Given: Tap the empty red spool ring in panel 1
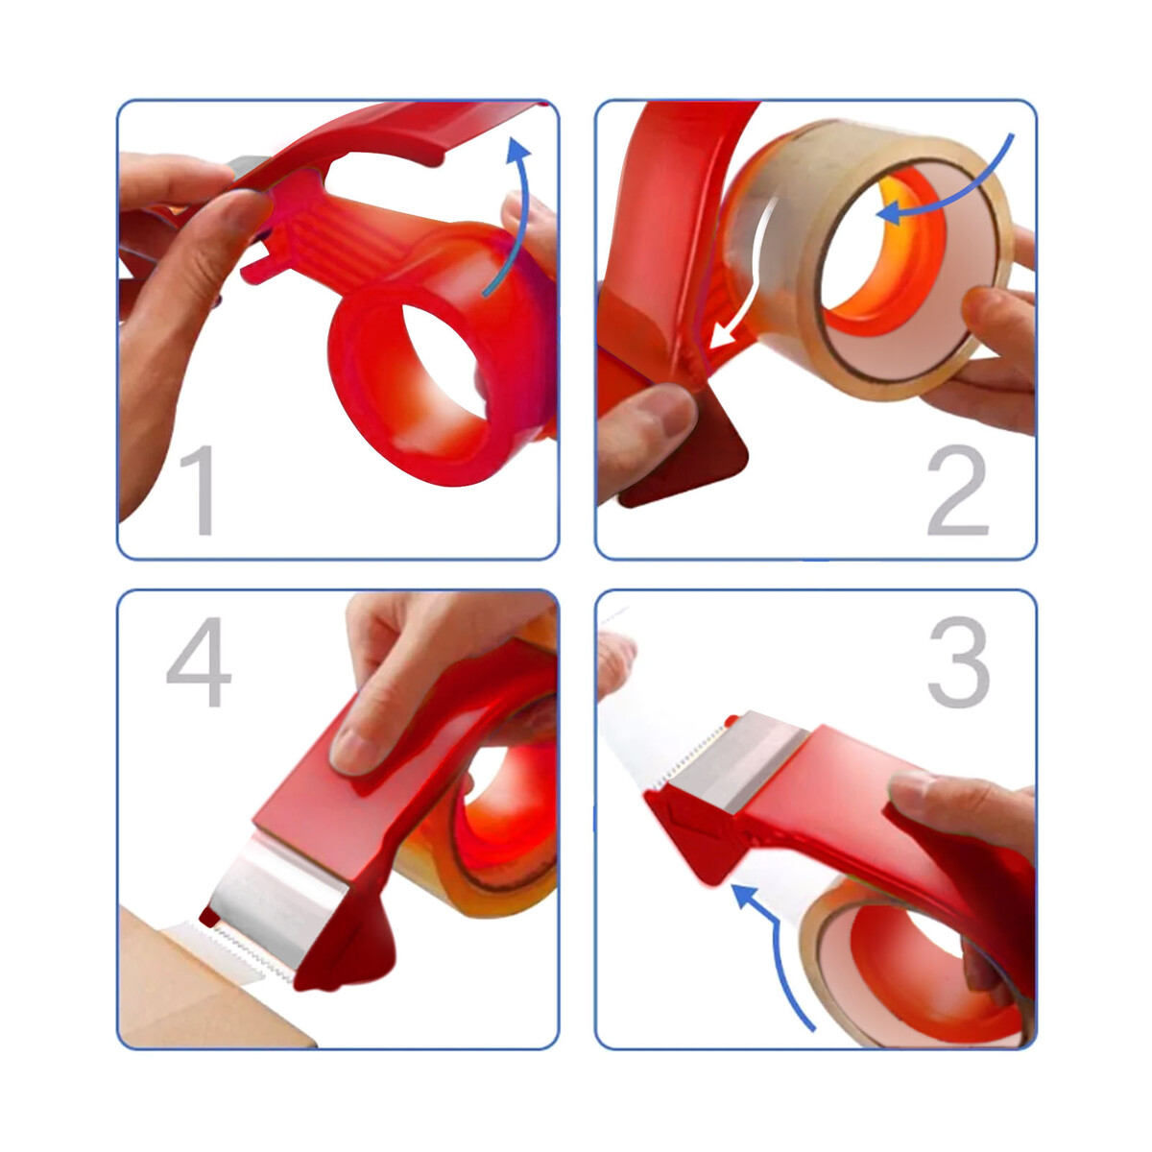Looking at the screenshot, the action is click(443, 352).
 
